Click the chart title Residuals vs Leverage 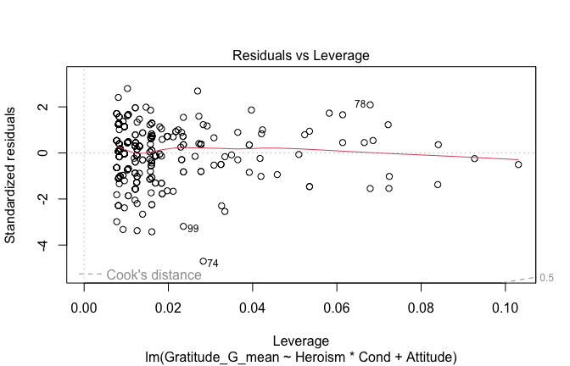tap(301, 56)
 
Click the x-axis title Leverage tap(301, 337)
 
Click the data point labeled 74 tap(203, 261)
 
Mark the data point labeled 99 tap(183, 226)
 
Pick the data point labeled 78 tap(370, 105)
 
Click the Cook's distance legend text tap(154, 275)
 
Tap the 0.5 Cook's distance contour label tap(547, 278)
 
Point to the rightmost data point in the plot tap(518, 164)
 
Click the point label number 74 tap(213, 263)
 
